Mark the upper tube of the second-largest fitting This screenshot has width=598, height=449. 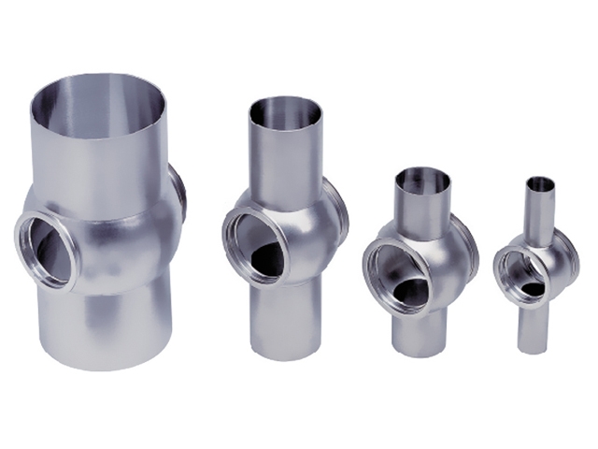coord(285,154)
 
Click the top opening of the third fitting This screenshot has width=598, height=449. coord(422,179)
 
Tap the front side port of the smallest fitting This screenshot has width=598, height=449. coord(521,272)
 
